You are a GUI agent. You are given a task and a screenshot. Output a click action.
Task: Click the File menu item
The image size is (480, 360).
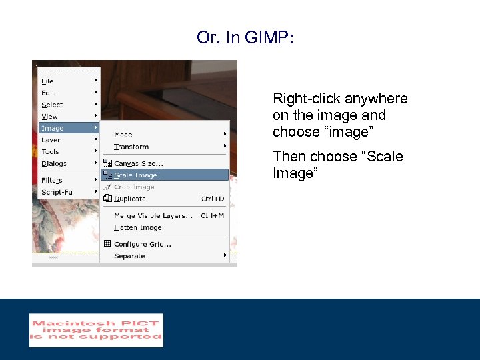point(48,81)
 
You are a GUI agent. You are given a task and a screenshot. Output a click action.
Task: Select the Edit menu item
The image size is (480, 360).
point(49,93)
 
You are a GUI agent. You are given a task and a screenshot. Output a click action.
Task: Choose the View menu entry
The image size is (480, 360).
point(50,117)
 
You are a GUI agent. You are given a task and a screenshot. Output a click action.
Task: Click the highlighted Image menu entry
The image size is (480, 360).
point(53,128)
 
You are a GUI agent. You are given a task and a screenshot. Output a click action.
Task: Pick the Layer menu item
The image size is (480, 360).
point(51,140)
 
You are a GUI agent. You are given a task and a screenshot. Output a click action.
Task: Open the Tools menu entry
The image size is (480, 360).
point(51,152)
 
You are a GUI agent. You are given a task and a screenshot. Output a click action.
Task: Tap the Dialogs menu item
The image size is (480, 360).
point(54,163)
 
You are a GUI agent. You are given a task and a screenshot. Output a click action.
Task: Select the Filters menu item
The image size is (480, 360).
point(52,180)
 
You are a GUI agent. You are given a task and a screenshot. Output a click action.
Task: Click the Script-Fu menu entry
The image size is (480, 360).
point(57,192)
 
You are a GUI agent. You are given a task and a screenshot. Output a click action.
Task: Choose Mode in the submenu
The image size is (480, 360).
point(123,135)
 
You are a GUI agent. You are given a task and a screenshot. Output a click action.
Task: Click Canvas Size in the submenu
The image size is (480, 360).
point(139,163)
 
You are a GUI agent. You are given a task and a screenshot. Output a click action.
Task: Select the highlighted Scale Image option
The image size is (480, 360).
point(139,175)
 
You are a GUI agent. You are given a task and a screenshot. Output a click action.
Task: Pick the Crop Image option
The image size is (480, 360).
point(134,187)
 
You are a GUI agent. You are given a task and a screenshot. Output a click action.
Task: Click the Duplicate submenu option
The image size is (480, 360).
point(130,199)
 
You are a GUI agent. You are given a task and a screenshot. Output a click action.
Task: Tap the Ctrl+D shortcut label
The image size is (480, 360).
point(213,199)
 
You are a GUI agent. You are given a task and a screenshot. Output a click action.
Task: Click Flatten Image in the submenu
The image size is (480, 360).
point(138,228)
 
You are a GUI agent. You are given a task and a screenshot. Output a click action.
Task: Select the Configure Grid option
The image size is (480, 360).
point(143,244)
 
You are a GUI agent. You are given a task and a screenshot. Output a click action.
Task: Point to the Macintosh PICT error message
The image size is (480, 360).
point(96,330)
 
